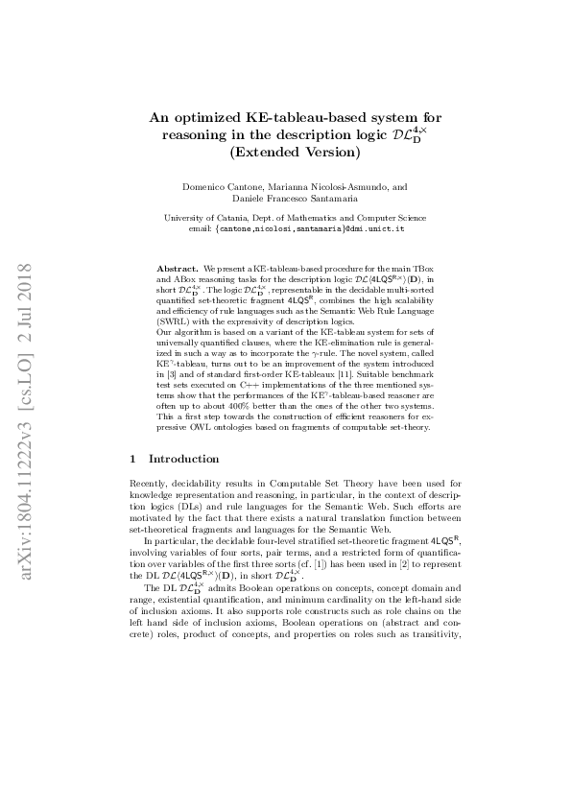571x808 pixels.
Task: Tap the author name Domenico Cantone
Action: pos(222,186)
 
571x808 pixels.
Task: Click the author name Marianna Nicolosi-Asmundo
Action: pos(328,186)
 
